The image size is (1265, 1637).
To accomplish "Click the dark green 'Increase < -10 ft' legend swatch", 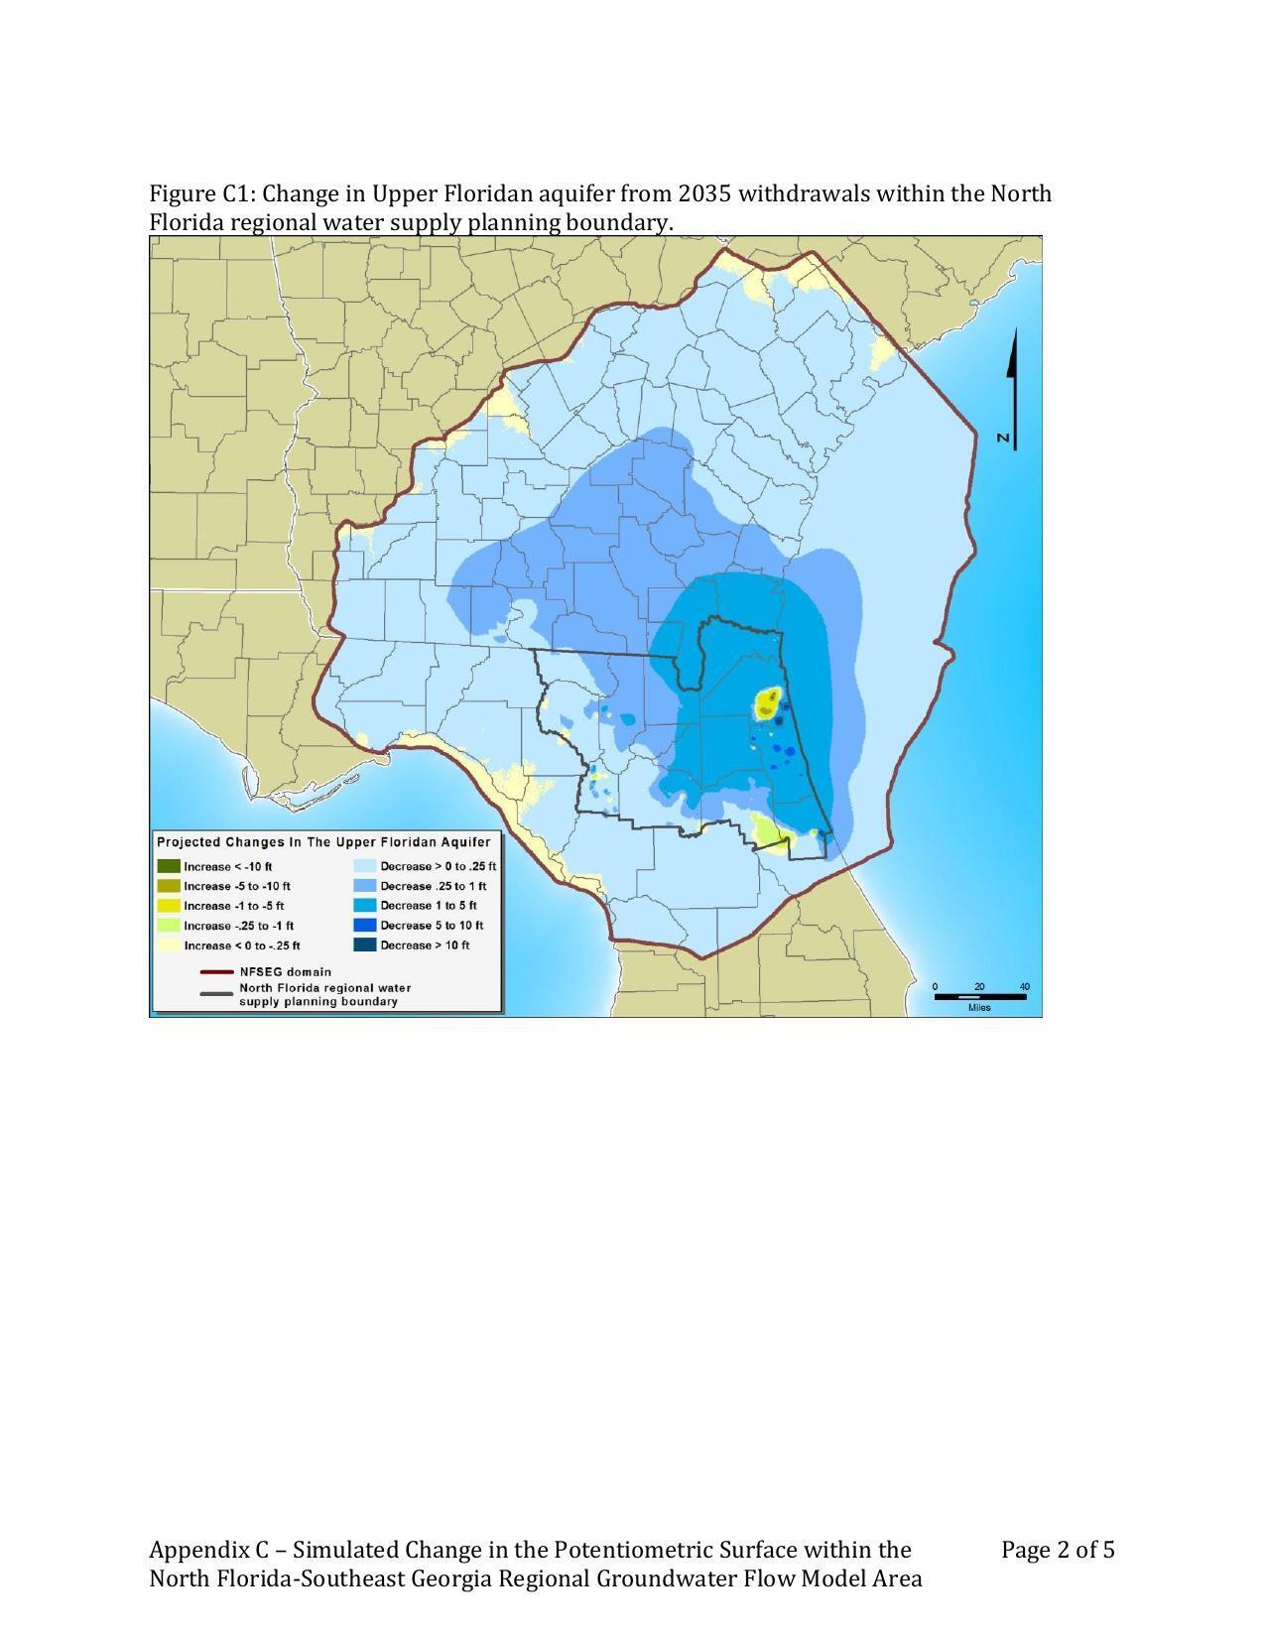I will [x=169, y=866].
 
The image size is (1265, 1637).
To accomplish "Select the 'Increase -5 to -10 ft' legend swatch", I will [x=169, y=886].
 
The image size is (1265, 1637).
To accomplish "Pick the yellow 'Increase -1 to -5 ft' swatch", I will [x=169, y=906].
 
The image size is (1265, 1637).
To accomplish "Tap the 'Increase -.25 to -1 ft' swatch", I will [x=169, y=926].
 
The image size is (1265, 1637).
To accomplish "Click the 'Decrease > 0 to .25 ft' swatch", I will [x=365, y=866].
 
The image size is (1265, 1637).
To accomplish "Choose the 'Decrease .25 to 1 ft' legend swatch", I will [x=365, y=886].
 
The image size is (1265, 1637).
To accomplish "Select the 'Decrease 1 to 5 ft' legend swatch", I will [x=365, y=906].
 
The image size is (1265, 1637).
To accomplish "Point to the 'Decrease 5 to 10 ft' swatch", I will [x=365, y=926].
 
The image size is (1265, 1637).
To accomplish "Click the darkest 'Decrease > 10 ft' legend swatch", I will [x=365, y=945].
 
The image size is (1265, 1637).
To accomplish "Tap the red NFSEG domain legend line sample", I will [x=216, y=972].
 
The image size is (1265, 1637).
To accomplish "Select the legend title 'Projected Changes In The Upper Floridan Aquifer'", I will [x=323, y=842].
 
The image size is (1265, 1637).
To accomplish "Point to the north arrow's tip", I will [x=1014, y=333].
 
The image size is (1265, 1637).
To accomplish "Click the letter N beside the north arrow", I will [x=1004, y=438].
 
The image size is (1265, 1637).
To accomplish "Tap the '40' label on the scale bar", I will [x=1025, y=987].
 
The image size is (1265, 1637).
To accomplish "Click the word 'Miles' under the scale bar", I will [x=979, y=1008].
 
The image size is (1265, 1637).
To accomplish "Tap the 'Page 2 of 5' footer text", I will [x=1058, y=1550].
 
